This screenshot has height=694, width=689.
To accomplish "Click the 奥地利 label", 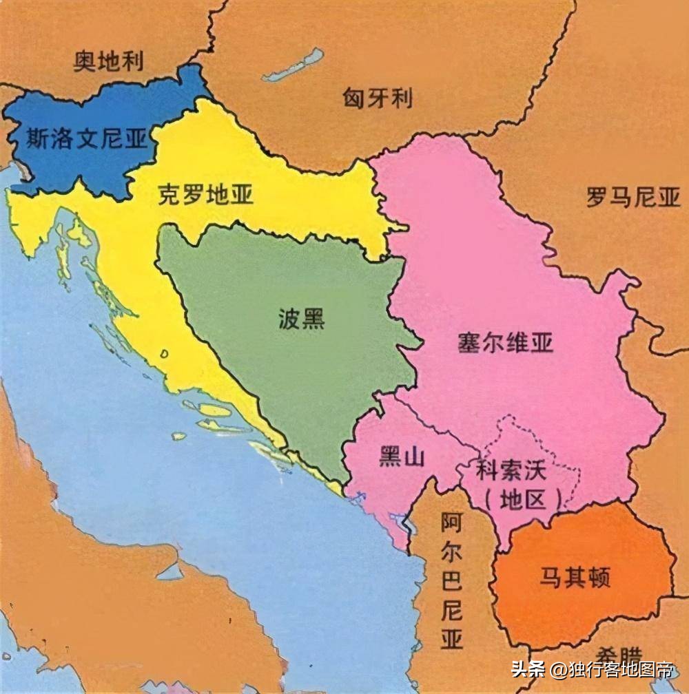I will [x=109, y=62].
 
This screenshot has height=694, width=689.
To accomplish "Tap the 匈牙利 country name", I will [x=378, y=98].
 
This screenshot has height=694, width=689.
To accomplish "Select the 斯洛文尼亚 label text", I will [x=87, y=139].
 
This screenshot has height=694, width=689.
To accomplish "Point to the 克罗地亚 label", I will [x=205, y=196].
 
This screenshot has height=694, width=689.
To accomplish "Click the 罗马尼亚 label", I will [x=633, y=199].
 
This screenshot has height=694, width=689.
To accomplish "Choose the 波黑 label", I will [x=302, y=320].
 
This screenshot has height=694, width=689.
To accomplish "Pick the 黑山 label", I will [x=401, y=456].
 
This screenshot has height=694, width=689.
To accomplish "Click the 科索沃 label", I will [x=511, y=472].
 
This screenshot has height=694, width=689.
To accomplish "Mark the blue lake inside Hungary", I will [x=294, y=66].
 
